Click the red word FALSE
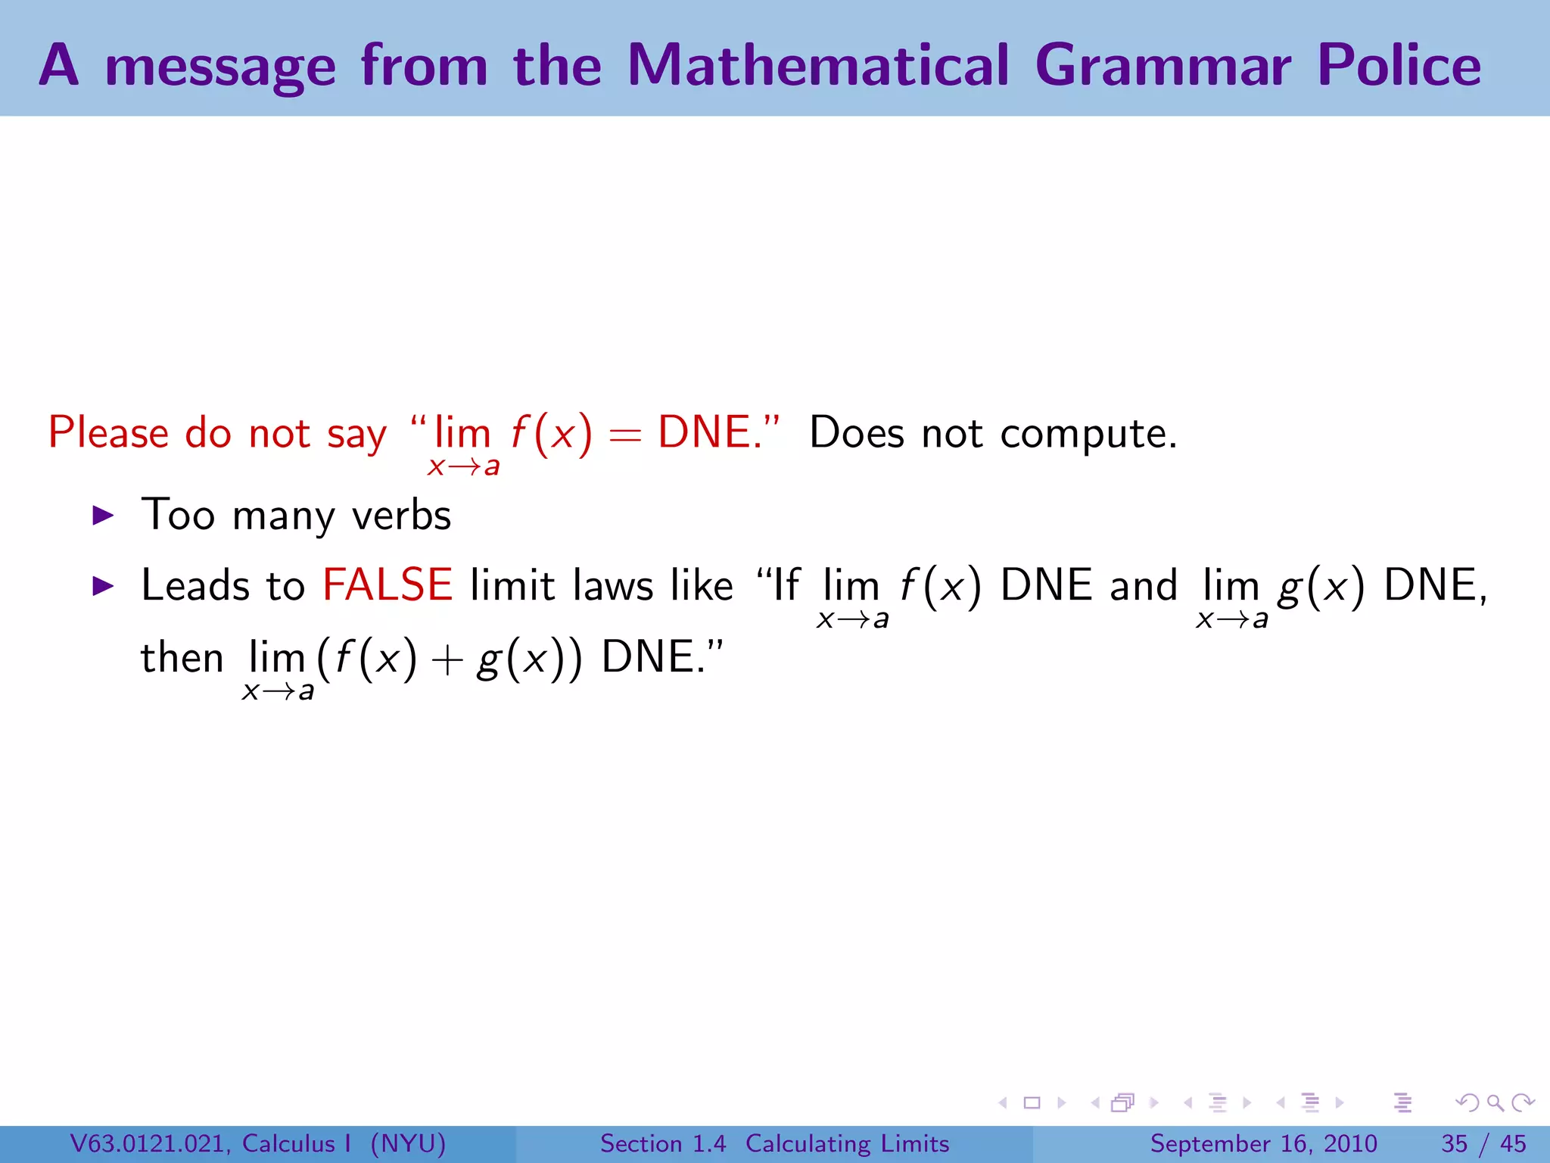pos(387,585)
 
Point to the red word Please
pos(108,434)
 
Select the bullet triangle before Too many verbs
pos(102,516)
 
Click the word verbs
pos(402,516)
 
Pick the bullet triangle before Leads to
pos(102,586)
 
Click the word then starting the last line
pos(182,657)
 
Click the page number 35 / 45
pos(1483,1143)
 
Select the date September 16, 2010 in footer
pos(1263,1143)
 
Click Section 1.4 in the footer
pos(663,1143)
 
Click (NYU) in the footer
pos(408,1143)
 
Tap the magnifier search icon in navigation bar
pos(1495,1103)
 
